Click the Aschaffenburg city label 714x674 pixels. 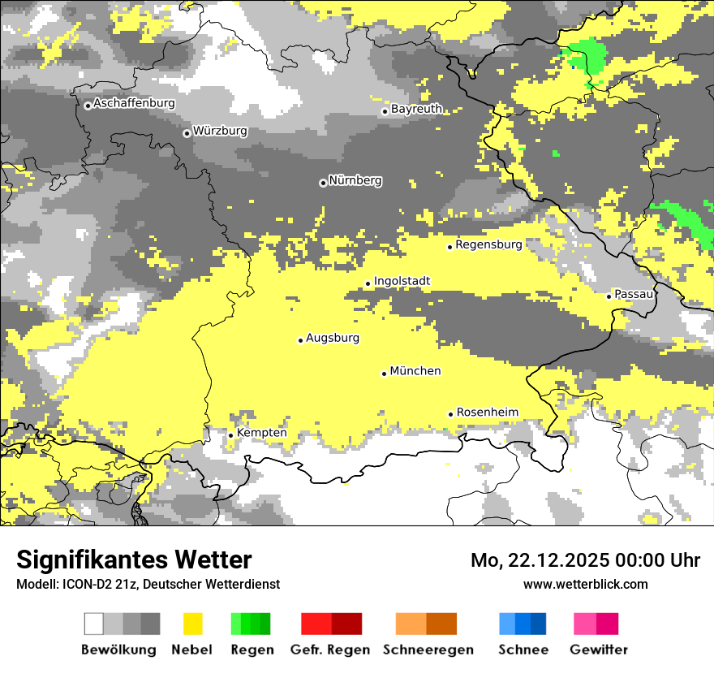134,103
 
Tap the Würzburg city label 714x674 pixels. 220,131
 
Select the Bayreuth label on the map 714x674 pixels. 416,109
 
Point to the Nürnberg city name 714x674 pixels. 355,180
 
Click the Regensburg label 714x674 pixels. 488,244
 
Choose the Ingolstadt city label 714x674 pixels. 402,281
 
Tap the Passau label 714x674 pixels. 634,294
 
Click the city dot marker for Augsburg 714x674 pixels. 300,340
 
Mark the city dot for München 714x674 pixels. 384,374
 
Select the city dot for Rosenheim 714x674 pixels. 450,414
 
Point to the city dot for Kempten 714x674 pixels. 230,435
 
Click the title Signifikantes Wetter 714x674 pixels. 134,560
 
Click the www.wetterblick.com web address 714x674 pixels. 585,584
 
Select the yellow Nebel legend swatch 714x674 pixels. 192,624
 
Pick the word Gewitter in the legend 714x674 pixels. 598,650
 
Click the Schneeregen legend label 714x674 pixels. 428,650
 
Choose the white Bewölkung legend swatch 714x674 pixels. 94,624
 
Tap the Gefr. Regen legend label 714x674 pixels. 329,650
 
